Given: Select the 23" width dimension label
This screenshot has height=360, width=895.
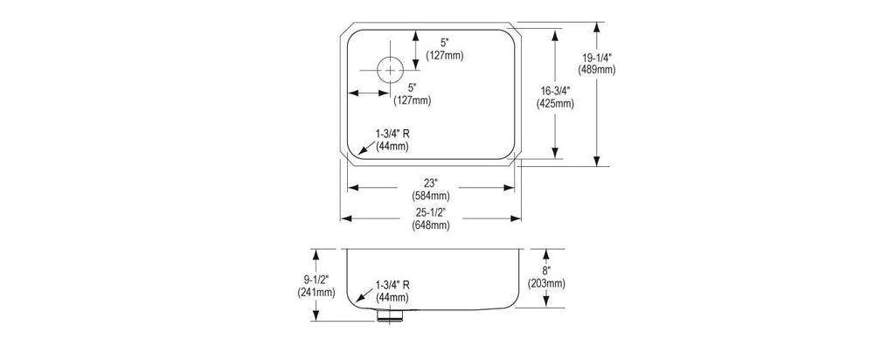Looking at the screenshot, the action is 430,183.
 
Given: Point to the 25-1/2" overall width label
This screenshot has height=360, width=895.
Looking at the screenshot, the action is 430,213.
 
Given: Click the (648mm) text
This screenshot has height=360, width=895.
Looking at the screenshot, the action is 430,225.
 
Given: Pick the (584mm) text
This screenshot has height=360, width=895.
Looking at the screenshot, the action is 430,196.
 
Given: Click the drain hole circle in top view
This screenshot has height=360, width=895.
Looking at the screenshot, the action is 390,70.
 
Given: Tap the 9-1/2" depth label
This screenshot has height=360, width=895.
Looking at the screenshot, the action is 316,280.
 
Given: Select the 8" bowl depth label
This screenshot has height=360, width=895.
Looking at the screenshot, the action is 546,271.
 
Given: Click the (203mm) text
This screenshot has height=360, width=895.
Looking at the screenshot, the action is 546,284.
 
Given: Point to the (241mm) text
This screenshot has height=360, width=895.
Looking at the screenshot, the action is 316,293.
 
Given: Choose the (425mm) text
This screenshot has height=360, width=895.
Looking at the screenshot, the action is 555,104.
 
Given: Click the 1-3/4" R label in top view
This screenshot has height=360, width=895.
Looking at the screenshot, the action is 392,134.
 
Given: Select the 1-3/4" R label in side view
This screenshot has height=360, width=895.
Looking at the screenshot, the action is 392,285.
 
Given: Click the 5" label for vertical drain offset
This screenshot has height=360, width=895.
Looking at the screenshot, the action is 445,43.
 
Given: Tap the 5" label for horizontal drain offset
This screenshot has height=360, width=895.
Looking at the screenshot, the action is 413,88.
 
